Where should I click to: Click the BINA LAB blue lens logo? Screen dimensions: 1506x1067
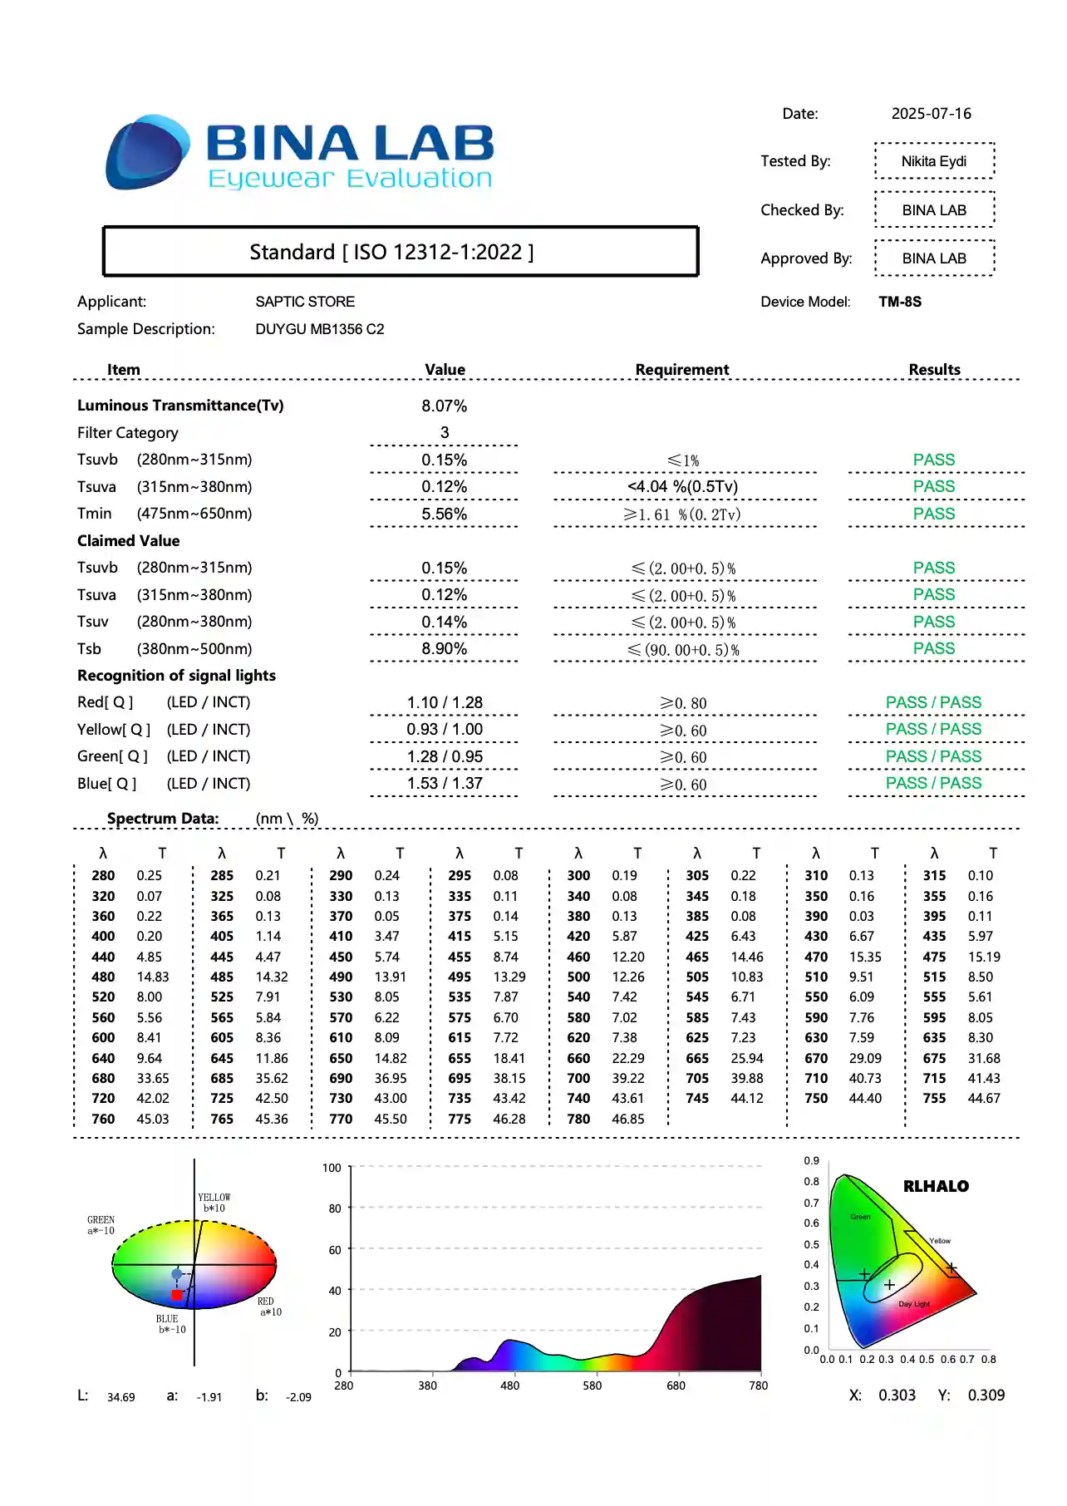pyautogui.click(x=147, y=152)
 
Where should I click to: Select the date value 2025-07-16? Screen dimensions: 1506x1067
pyautogui.click(x=931, y=114)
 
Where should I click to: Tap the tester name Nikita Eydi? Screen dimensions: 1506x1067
pyautogui.click(x=933, y=161)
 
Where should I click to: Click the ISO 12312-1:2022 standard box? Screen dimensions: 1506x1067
pyautogui.click(x=400, y=252)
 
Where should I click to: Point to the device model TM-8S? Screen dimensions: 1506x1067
pyautogui.click(x=900, y=302)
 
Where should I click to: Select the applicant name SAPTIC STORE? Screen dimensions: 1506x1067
pyautogui.click(x=305, y=302)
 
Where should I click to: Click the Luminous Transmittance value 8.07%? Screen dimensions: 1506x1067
pyautogui.click(x=444, y=406)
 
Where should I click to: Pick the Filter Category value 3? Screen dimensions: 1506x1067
pyautogui.click(x=445, y=432)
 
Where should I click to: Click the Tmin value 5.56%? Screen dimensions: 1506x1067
pyautogui.click(x=444, y=514)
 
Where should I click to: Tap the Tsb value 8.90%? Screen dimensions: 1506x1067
pyautogui.click(x=444, y=648)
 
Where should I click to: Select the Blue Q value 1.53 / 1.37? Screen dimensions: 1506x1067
pyautogui.click(x=445, y=783)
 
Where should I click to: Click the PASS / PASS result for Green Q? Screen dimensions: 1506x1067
pyautogui.click(x=933, y=756)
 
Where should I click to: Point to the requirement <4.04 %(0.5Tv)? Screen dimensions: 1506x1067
pyautogui.click(x=682, y=486)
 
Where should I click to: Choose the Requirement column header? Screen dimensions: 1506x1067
pyautogui.click(x=681, y=370)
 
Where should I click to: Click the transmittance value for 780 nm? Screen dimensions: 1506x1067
pyautogui.click(x=628, y=1119)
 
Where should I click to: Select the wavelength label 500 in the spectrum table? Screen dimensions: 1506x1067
pyautogui.click(x=578, y=977)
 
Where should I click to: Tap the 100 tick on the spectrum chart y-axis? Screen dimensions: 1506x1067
pyautogui.click(x=332, y=1168)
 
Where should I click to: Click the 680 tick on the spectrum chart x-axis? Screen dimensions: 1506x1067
pyautogui.click(x=676, y=1385)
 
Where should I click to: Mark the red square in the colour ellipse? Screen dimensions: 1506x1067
pyautogui.click(x=176, y=1295)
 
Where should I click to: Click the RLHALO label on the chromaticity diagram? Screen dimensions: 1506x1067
pyautogui.click(x=936, y=1186)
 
